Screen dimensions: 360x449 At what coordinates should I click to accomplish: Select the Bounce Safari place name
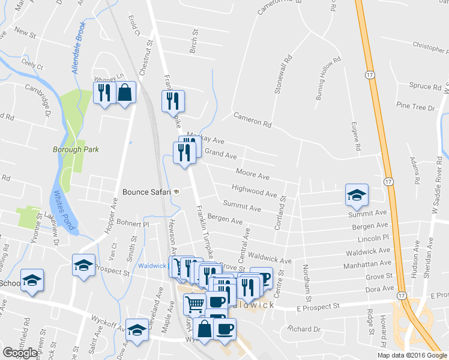click(146, 192)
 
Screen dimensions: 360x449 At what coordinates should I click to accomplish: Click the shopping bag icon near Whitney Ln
click(126, 93)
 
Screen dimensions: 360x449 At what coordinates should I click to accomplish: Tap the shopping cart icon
click(193, 303)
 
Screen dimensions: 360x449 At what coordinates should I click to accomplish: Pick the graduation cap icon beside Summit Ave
click(357, 194)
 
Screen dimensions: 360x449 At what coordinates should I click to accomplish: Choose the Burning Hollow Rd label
click(328, 78)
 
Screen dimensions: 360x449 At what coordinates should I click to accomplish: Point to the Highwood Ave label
click(254, 191)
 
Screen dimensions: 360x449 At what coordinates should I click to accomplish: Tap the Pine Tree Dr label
click(415, 107)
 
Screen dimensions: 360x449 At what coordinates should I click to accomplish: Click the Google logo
click(20, 353)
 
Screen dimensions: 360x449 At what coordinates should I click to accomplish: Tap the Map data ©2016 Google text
click(412, 355)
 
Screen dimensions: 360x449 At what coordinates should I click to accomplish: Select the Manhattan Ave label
click(367, 265)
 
